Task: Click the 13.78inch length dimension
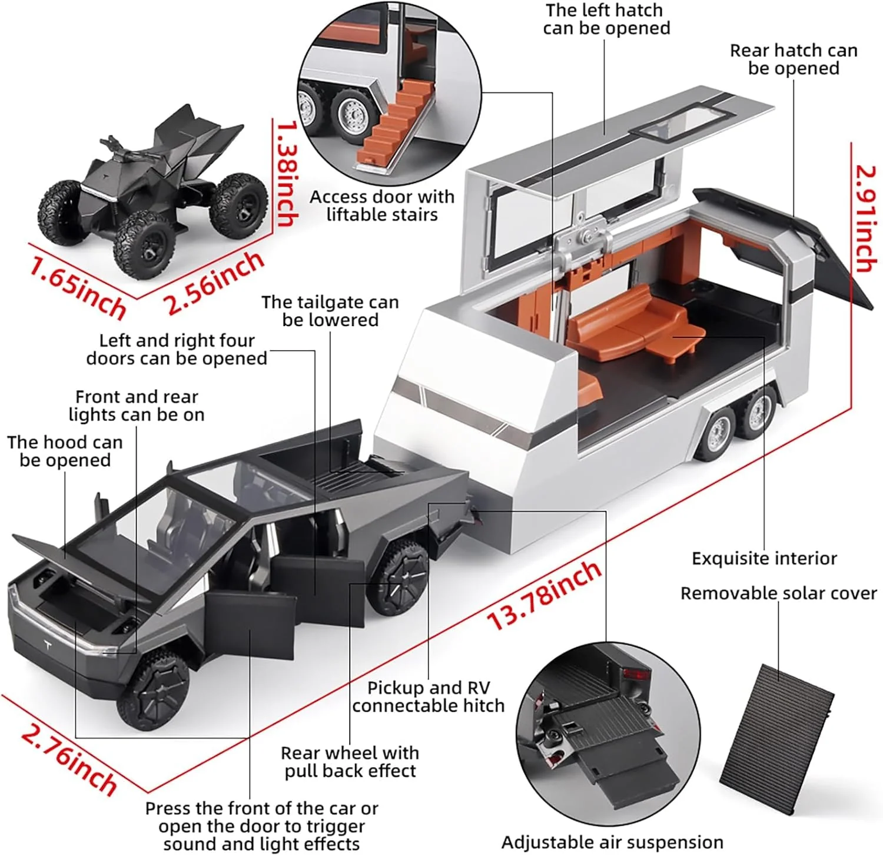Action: tap(545, 595)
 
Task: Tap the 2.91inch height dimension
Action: tap(866, 219)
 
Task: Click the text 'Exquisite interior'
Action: tap(764, 558)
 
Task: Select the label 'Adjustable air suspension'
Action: tap(612, 842)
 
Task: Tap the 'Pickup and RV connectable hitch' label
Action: tap(428, 696)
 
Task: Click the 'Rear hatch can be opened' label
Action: tap(794, 59)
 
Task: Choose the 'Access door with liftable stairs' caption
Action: tap(382, 205)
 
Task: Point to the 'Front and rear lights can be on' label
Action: tap(137, 406)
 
